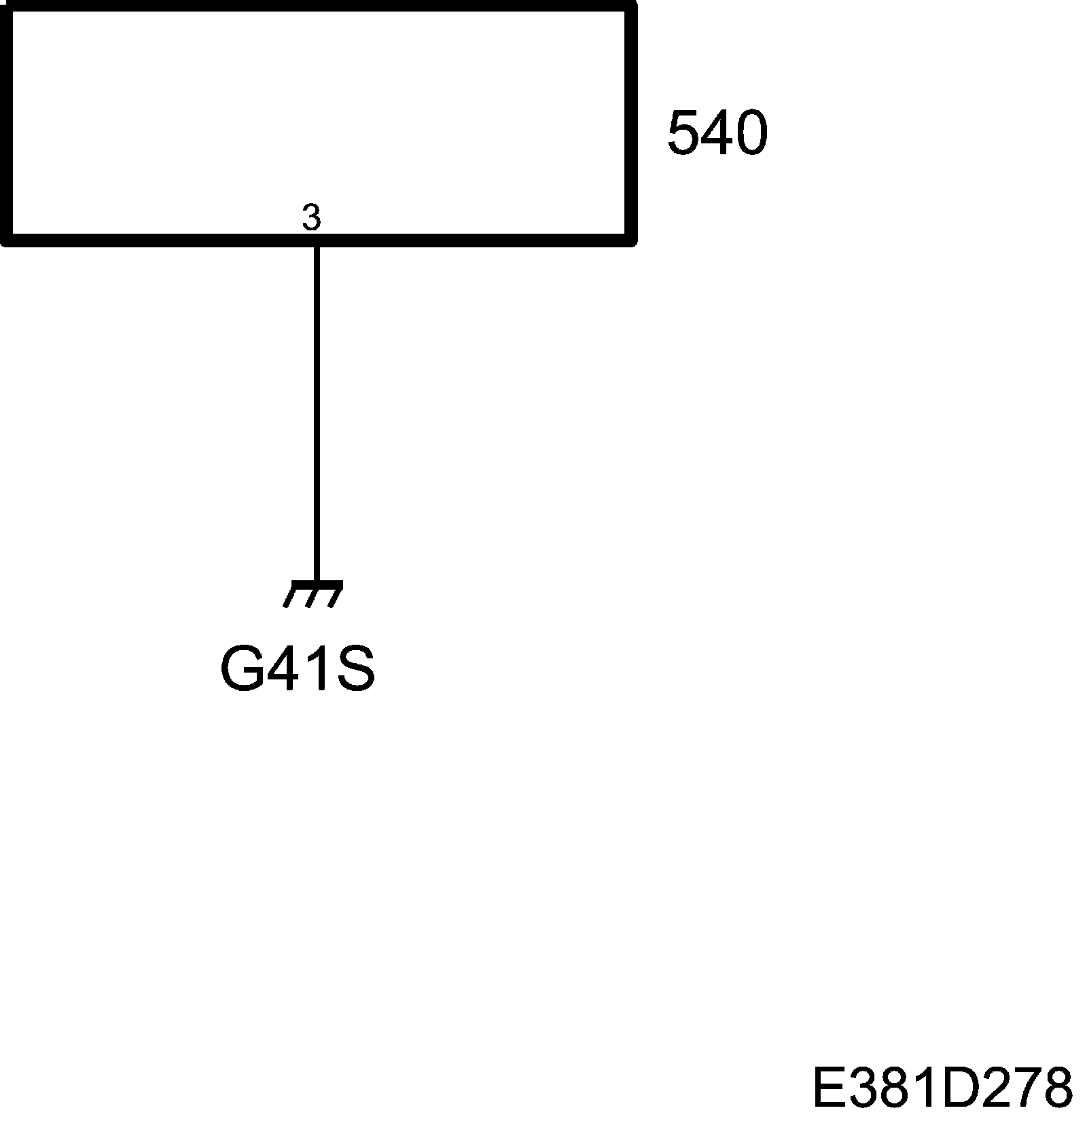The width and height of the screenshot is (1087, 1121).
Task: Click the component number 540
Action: [717, 133]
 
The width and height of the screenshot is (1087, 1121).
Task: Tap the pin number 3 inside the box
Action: [311, 217]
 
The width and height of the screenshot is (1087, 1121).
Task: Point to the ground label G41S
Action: [298, 669]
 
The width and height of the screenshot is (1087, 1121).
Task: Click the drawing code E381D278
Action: [942, 1088]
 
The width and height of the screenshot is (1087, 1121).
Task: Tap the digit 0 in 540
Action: [751, 133]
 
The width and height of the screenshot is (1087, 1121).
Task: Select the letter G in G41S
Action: [240, 669]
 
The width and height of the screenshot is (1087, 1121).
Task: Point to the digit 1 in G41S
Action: [317, 669]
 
